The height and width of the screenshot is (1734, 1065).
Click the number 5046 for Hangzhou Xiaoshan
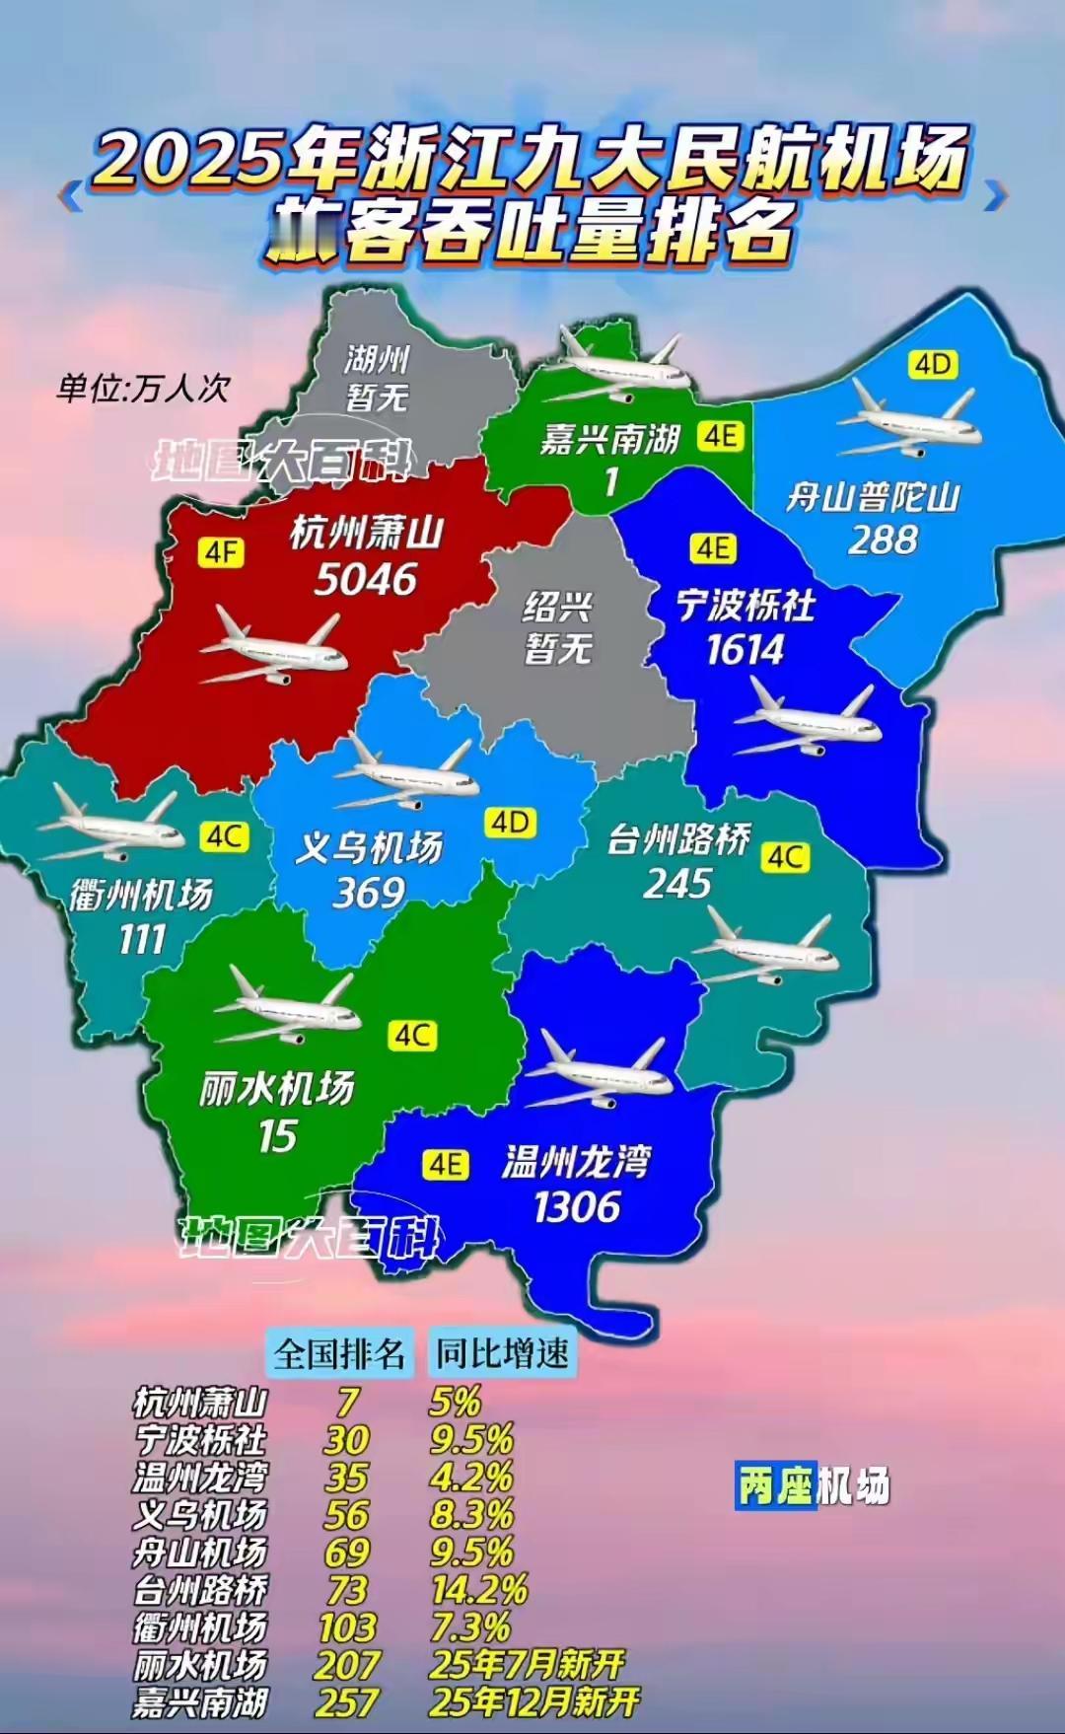tap(366, 579)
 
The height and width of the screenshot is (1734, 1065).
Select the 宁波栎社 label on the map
tap(745, 605)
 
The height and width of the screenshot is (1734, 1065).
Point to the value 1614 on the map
tap(745, 650)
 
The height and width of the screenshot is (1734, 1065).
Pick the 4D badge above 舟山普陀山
tap(933, 365)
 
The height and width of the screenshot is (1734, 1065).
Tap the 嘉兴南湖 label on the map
tap(610, 438)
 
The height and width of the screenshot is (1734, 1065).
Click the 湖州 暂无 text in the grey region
tap(378, 378)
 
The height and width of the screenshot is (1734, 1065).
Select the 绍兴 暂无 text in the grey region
tap(558, 627)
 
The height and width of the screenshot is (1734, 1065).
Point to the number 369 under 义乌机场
tap(369, 893)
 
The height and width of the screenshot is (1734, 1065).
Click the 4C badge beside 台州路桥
tap(785, 857)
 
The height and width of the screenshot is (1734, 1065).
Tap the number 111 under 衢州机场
tap(142, 939)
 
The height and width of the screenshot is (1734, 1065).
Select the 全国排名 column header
tap(339, 1353)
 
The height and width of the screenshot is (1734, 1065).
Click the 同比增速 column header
tap(502, 1353)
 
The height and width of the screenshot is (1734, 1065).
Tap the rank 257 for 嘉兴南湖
tap(347, 1702)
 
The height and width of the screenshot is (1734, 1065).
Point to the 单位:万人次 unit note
tap(143, 388)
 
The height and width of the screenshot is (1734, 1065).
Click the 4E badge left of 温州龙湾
tap(446, 1165)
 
